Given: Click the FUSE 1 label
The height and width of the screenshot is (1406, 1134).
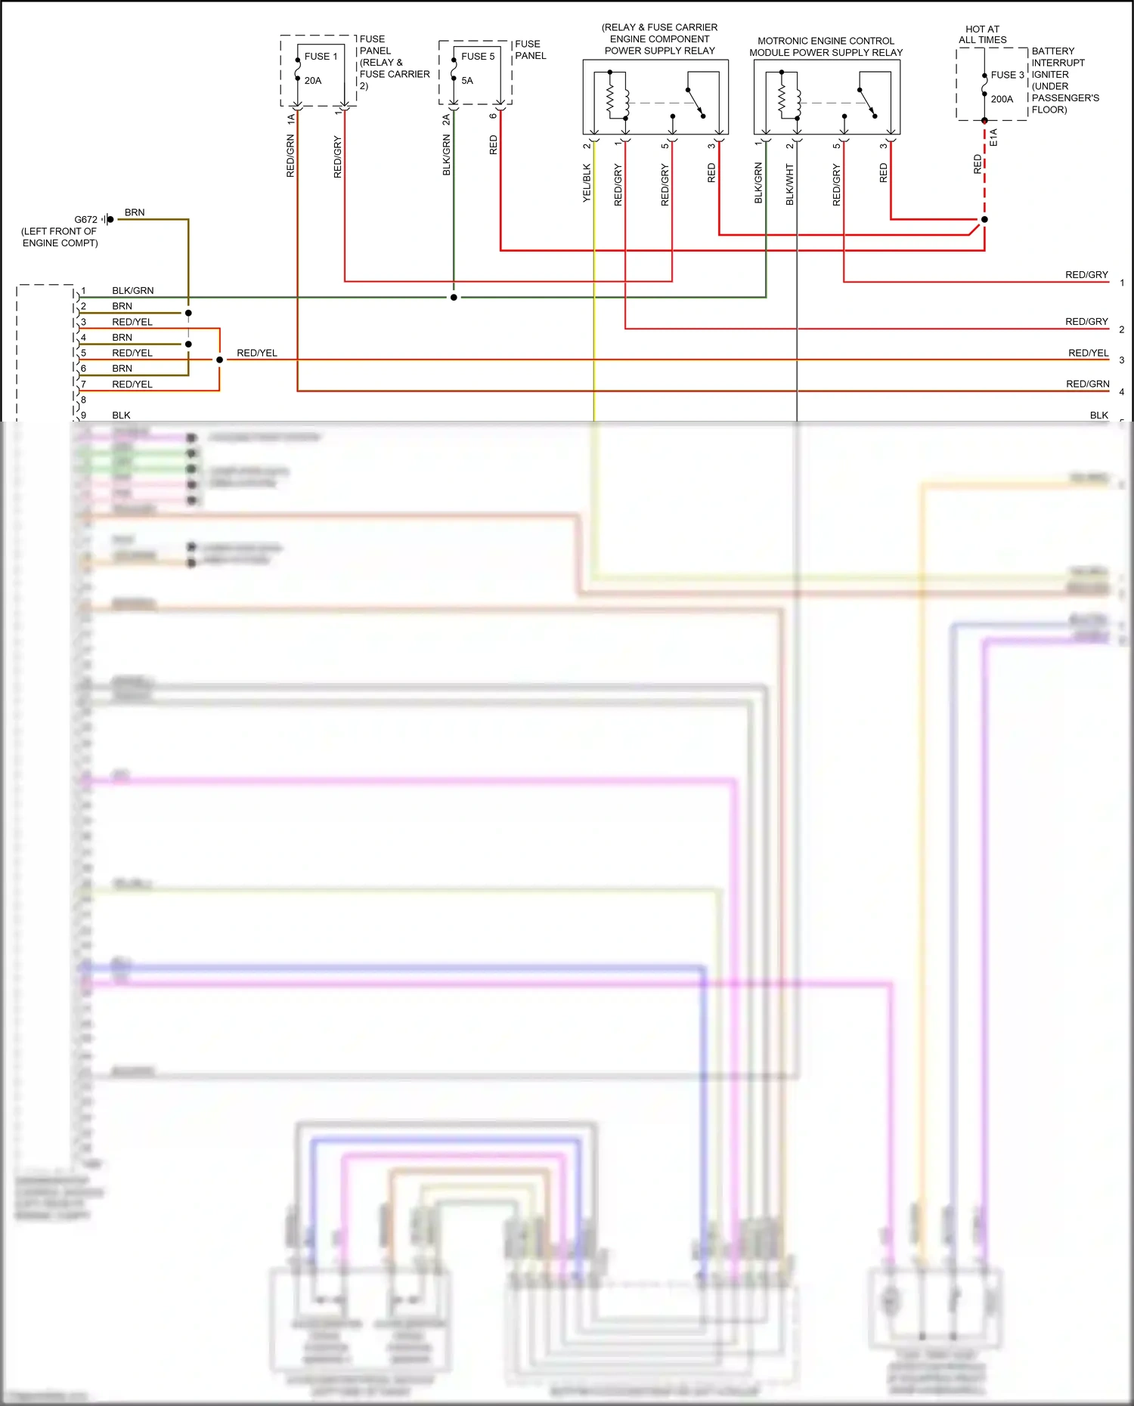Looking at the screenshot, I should click(x=321, y=57).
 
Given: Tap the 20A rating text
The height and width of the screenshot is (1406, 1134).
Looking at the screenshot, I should click(x=313, y=81).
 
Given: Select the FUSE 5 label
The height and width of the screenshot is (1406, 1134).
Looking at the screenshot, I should click(x=478, y=57).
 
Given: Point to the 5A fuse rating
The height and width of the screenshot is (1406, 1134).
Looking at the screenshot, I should click(x=467, y=81).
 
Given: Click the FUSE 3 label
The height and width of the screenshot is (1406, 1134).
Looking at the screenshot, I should click(x=1007, y=75).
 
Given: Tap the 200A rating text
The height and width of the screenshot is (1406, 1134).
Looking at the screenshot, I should click(x=1002, y=99).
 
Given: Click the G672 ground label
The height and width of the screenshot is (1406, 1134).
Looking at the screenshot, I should click(x=85, y=220).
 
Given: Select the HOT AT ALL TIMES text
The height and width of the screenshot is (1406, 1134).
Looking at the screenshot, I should click(x=982, y=35).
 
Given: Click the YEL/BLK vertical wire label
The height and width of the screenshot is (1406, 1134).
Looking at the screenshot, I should click(x=587, y=183).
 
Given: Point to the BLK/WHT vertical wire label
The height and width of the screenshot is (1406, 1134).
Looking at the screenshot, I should click(x=790, y=184).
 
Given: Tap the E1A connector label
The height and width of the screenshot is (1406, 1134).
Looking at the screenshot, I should click(x=993, y=138).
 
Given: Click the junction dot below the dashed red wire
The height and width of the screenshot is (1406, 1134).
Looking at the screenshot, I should click(x=984, y=220).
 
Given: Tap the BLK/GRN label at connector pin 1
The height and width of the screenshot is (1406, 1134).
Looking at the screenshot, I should click(x=132, y=291).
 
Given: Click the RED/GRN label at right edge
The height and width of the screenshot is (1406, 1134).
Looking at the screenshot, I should click(x=1087, y=385).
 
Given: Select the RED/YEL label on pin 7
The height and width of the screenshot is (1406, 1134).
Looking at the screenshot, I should click(x=132, y=385).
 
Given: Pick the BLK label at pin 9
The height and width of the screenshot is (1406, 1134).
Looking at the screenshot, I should click(x=121, y=416).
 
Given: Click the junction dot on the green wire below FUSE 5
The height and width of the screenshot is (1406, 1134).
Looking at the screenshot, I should click(x=454, y=298).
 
